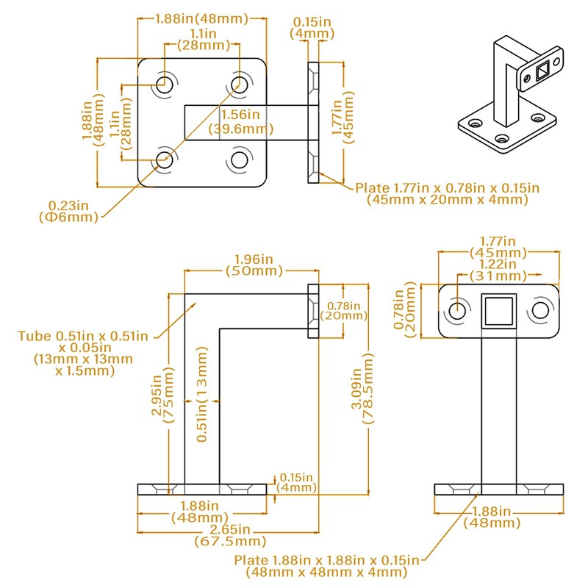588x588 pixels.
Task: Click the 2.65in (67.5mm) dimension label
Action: pos(229,534)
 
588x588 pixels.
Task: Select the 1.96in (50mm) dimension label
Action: pos(254,265)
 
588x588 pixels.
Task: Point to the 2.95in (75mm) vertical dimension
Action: pos(161,398)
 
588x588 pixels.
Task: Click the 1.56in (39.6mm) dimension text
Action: pos(240,122)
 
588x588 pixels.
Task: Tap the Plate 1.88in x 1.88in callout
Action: pos(326,566)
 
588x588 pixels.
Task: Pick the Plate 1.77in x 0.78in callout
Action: pos(447,193)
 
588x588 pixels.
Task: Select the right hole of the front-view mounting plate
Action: pos(540,309)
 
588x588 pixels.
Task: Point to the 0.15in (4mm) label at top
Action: pos(312,28)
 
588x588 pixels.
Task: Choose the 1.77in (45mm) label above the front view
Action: pos(498,247)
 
